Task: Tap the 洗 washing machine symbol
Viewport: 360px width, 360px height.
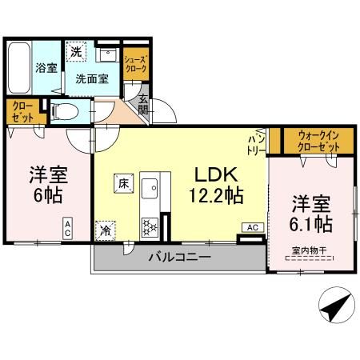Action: point(75,51)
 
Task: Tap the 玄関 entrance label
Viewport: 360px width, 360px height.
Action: point(142,106)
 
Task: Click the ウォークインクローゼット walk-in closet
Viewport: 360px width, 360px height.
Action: point(314,142)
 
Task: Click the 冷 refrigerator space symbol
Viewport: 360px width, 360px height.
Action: point(106,230)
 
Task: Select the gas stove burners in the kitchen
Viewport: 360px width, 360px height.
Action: point(150,226)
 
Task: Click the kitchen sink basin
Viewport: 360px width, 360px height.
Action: point(150,188)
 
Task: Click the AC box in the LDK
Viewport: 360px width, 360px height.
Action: point(252,227)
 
